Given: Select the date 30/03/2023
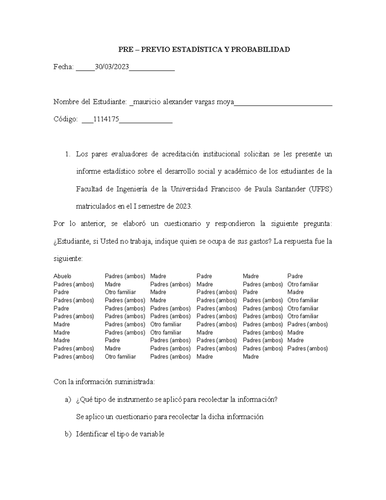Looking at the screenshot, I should coord(112,67).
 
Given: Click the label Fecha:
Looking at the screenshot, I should coord(63,67).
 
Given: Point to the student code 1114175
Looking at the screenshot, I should coord(106,119).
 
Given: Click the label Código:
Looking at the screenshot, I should coord(66,119).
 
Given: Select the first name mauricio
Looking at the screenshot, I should coord(147,102).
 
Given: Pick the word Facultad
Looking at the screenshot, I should coord(88,189).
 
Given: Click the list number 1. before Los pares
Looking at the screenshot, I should coord(67,154).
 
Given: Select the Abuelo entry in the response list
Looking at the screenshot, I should coord(62,276).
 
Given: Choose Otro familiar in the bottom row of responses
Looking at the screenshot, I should coord(120,357).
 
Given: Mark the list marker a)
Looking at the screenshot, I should coord(68,400).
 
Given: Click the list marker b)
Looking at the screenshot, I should coord(68,434).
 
